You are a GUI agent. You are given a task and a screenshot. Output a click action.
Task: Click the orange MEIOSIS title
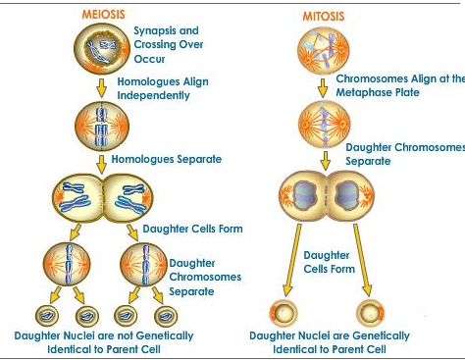103,14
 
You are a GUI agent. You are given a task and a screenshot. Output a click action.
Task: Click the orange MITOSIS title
324,16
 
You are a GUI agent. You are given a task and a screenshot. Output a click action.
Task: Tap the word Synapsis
155,31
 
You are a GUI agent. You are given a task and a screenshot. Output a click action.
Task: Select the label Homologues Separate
167,159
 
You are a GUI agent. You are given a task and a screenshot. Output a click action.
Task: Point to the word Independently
153,95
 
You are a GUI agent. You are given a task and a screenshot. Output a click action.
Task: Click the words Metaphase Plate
378,92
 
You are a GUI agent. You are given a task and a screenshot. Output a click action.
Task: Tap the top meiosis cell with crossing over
102,49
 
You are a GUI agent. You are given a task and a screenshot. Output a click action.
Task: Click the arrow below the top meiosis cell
102,87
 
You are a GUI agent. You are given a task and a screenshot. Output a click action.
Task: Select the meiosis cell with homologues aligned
102,127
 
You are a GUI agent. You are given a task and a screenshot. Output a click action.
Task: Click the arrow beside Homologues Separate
102,164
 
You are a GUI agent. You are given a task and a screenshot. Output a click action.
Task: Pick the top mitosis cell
324,51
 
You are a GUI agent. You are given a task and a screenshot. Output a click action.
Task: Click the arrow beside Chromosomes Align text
323,88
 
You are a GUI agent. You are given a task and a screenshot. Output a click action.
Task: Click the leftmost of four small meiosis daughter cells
47,316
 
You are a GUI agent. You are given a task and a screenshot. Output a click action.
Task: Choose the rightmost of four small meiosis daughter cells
166,316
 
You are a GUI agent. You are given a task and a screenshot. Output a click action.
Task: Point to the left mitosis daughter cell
284,313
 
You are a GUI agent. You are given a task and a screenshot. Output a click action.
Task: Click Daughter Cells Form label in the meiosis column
193,229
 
